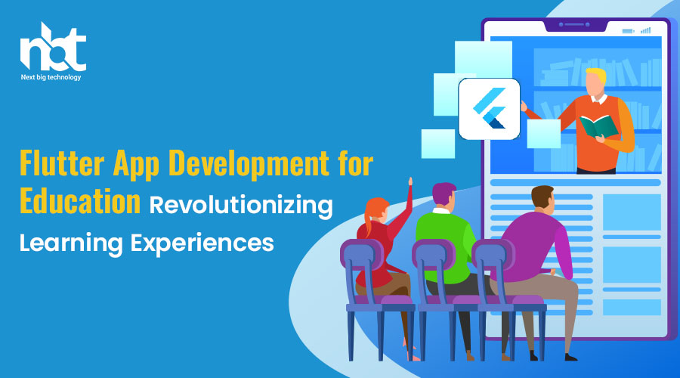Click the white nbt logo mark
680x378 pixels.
[53, 47]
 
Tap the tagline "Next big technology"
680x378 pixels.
[51, 77]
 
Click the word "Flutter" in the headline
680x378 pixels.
[62, 163]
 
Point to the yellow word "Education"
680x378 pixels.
[80, 201]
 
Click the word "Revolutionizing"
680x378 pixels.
[241, 206]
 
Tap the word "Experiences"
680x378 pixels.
[202, 243]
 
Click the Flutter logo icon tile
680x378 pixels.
[489, 109]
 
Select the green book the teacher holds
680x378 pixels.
[599, 125]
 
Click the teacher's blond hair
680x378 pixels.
[597, 75]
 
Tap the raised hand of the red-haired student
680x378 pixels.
[410, 181]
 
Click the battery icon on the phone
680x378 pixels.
[628, 31]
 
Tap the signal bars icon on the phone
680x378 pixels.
[646, 30]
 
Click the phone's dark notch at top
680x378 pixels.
[575, 25]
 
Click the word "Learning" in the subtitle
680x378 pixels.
[71, 243]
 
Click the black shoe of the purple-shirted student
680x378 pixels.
[570, 357]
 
